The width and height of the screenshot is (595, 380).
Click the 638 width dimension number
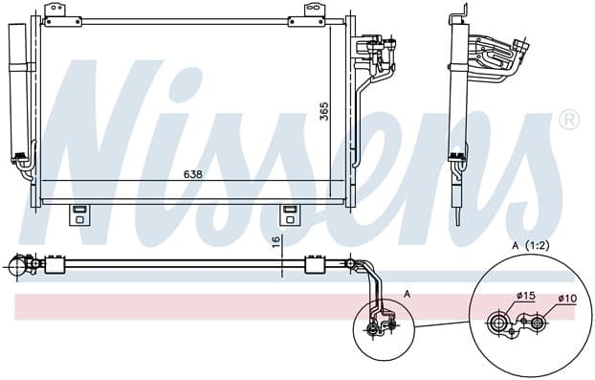click(x=193, y=174)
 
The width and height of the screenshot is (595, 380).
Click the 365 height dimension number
click(x=324, y=111)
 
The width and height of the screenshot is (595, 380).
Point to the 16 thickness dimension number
click(x=275, y=241)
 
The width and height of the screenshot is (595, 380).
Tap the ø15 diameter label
click(x=525, y=296)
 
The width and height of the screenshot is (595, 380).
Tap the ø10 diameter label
click(x=567, y=299)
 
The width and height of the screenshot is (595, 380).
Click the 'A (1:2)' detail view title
click(x=531, y=246)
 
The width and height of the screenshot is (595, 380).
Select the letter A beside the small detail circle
click(x=408, y=294)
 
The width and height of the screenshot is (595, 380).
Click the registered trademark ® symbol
click(x=569, y=120)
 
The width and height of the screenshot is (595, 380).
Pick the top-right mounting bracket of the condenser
click(x=310, y=15)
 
